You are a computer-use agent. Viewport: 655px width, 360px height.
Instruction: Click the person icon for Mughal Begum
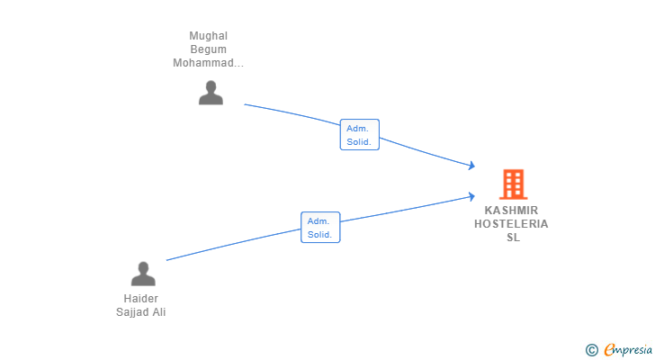click(x=211, y=93)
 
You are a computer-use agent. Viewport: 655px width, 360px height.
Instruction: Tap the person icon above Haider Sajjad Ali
click(x=143, y=274)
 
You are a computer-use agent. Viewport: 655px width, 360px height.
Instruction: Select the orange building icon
click(x=514, y=184)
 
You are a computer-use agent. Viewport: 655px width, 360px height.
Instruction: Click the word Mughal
click(x=209, y=36)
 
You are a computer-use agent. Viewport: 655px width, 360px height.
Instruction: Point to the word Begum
click(x=209, y=49)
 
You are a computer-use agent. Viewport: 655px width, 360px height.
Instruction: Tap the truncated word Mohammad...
click(x=209, y=63)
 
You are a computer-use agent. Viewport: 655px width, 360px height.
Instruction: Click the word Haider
click(x=140, y=299)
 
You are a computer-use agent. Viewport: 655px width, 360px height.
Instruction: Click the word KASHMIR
click(x=511, y=210)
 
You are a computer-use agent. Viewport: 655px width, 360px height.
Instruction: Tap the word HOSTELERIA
click(x=511, y=224)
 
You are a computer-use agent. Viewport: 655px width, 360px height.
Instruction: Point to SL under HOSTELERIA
click(x=514, y=238)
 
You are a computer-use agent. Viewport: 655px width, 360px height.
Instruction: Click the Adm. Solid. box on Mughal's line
click(x=360, y=134)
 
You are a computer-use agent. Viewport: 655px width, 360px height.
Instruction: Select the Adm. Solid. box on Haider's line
click(x=320, y=227)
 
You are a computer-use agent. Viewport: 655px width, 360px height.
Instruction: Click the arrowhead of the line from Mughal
click(x=472, y=166)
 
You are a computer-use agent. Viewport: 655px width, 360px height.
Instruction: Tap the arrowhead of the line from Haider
click(x=472, y=196)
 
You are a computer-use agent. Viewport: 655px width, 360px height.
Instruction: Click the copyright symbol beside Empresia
click(x=592, y=350)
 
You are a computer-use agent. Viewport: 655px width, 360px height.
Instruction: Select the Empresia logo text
click(x=628, y=350)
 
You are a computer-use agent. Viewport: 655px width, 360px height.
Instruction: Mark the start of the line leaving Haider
click(x=166, y=260)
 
